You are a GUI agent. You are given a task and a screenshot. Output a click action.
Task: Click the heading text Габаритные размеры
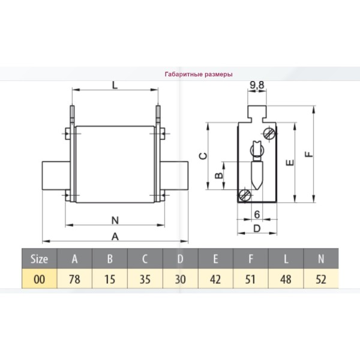point(199,74)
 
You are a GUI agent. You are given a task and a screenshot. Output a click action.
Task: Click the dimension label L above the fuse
point(115,85)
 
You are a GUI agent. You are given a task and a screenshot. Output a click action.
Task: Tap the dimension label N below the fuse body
point(115,220)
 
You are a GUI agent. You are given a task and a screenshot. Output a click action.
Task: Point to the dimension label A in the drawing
point(115,236)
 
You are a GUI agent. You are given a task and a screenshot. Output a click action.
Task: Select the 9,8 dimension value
point(257,85)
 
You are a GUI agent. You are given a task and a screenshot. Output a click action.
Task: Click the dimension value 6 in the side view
point(257,215)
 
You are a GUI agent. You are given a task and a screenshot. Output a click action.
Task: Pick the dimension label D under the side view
point(257,229)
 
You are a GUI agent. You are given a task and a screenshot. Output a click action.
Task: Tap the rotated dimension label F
point(309,154)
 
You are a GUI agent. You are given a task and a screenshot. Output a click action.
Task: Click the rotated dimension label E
point(290,163)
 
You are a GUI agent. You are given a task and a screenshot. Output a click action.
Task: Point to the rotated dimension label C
point(203,156)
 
